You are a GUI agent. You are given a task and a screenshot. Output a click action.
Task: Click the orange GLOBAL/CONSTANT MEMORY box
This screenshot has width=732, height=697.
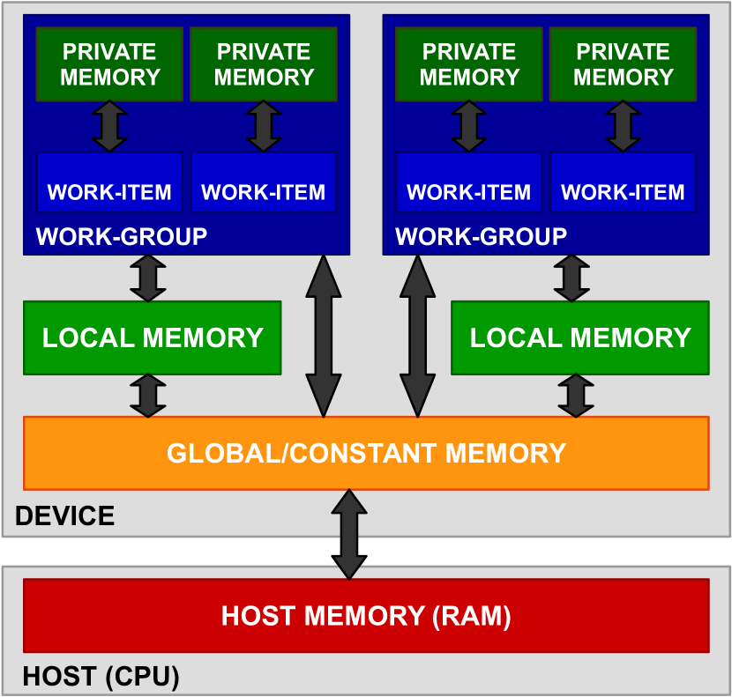(366, 453)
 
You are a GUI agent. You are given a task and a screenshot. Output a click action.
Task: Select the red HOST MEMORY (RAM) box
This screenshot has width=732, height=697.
(366, 615)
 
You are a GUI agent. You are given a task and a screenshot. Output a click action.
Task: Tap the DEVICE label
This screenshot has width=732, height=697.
(65, 515)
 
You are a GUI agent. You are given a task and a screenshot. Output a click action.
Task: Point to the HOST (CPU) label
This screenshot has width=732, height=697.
(101, 678)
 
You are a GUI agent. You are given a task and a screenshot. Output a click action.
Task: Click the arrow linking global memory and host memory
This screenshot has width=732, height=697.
(349, 534)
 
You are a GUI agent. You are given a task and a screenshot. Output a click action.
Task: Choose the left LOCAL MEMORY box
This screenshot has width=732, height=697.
(152, 337)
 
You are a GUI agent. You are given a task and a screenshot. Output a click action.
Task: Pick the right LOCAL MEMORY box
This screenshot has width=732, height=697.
(579, 337)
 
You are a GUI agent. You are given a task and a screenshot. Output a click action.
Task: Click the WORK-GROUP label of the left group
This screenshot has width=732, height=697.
(121, 236)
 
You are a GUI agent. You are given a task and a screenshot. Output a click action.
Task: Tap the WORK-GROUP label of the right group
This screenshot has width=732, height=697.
(481, 236)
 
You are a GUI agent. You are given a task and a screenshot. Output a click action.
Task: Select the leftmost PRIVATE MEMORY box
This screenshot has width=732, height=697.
(109, 64)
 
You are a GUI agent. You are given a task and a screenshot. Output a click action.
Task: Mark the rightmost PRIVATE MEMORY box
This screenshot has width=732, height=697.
(623, 64)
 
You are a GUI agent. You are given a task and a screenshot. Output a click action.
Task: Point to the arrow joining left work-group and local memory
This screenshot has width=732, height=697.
(147, 278)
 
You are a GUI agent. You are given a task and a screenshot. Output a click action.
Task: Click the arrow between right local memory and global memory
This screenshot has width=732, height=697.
(576, 395)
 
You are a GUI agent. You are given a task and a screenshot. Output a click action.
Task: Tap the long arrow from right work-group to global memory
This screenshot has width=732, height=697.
(418, 336)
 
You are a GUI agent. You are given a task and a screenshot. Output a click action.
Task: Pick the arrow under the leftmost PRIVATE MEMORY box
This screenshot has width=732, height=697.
(109, 126)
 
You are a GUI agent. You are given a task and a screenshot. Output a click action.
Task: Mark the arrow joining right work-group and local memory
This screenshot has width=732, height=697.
(571, 278)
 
